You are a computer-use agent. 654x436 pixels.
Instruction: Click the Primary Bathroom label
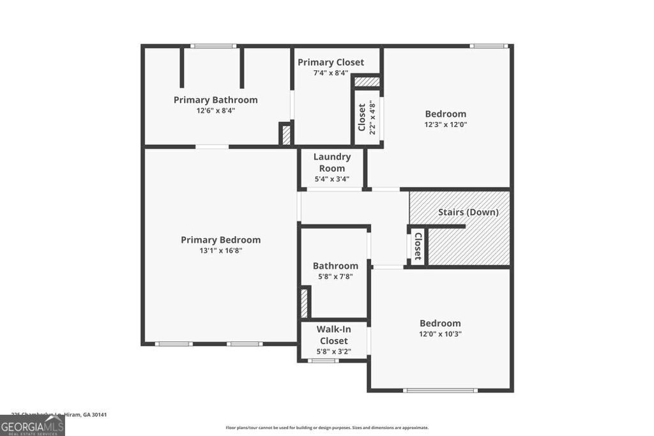click(216, 100)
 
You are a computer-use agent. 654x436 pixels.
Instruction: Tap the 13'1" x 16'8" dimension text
click(221, 251)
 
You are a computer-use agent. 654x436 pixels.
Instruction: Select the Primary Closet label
click(331, 62)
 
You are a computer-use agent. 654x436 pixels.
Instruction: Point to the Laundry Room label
click(332, 162)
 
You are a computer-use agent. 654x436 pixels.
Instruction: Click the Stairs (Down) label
click(468, 212)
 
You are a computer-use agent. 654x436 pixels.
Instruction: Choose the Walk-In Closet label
click(333, 335)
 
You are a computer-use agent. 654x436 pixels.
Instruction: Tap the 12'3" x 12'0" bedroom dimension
click(446, 125)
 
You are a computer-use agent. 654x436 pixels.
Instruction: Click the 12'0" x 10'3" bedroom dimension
click(440, 334)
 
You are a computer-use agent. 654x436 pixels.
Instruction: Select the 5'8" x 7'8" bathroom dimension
click(335, 276)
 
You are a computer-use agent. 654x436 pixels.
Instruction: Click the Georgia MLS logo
click(32, 425)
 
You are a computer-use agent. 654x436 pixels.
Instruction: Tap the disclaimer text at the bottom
click(327, 428)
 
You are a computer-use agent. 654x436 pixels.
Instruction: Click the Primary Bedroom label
click(221, 240)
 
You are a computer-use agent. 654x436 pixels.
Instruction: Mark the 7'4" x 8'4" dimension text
click(331, 73)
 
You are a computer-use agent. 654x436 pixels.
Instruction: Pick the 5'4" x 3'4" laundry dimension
click(332, 179)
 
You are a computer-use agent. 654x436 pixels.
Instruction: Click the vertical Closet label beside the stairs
click(418, 246)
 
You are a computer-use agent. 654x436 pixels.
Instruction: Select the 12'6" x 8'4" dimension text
click(216, 110)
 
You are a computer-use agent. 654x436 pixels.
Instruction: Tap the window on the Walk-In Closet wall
click(324, 361)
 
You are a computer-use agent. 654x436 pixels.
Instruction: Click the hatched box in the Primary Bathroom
click(285, 134)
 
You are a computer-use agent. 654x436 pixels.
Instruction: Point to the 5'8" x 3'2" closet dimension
click(333, 352)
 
